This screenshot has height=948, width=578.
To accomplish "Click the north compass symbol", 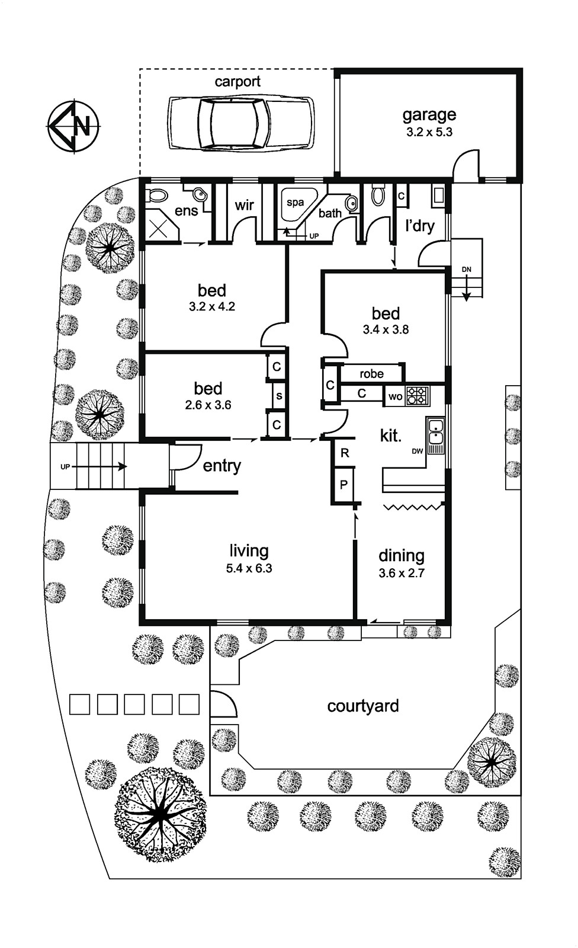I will [73, 126].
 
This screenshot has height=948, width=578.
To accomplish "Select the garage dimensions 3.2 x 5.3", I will [429, 132].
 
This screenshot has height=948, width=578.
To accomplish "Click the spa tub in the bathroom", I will [297, 204].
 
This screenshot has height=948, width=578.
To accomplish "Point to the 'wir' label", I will [244, 205].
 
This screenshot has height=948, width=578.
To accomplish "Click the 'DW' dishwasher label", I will [418, 451].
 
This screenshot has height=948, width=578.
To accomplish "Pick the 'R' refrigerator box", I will [344, 454].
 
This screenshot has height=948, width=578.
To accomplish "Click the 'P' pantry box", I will [343, 484].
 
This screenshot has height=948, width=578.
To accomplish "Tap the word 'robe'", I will [371, 374].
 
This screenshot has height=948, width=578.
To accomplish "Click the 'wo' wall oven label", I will [395, 396].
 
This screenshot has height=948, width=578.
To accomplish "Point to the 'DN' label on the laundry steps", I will [467, 270].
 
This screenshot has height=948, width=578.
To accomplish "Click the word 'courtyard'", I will [363, 706].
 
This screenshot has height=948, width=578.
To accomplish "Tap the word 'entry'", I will [222, 466].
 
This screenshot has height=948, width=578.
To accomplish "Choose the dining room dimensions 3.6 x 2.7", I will [402, 573].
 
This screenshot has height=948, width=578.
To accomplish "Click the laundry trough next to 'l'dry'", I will [438, 196].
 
